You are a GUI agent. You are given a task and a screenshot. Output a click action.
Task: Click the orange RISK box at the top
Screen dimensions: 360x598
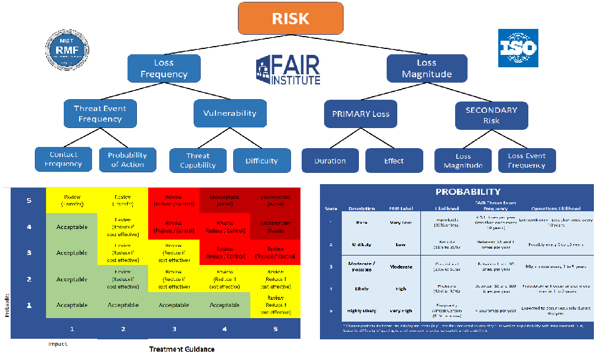290,18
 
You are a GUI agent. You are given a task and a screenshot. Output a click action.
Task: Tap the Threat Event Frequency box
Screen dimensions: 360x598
100,114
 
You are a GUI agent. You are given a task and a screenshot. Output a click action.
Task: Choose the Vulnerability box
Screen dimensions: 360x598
230,113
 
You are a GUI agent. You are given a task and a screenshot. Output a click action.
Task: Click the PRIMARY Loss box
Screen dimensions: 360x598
361,114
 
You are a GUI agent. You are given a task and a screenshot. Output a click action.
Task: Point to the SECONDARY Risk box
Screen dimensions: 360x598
491,115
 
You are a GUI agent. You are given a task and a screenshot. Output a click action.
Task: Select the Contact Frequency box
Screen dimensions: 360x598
63,159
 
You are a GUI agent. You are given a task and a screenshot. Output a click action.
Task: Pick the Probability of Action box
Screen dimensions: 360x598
128,160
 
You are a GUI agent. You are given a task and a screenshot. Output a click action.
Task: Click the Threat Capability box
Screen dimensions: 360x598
198,161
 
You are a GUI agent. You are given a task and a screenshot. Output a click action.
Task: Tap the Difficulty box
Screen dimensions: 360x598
262,161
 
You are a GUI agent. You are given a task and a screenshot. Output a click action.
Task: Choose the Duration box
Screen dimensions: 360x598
330,161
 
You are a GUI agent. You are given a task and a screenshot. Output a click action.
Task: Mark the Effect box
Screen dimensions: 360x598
394,161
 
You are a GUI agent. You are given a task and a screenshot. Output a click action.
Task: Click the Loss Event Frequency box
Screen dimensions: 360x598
527,161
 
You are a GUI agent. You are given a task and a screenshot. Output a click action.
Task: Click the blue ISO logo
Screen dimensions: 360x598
518,47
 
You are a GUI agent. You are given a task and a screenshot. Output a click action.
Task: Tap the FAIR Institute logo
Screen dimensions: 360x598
289,70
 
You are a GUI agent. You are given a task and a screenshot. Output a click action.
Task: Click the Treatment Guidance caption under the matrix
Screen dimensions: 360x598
182,349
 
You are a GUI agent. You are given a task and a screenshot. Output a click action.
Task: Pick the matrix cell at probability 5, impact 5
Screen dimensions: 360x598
275,201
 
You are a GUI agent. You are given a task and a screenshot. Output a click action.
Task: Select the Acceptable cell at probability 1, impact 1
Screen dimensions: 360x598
71,305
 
